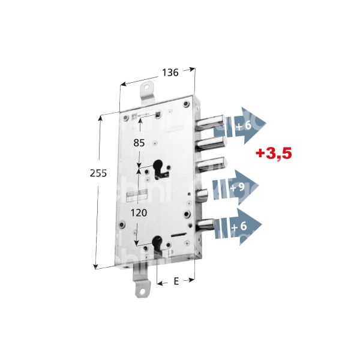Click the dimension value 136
coord(170,73)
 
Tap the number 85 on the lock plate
coord(139,143)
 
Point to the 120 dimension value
coord(139,212)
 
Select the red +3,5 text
coord(273,154)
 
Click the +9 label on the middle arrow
coord(238,189)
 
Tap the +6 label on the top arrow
coord(243,125)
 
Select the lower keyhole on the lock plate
coord(158,244)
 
